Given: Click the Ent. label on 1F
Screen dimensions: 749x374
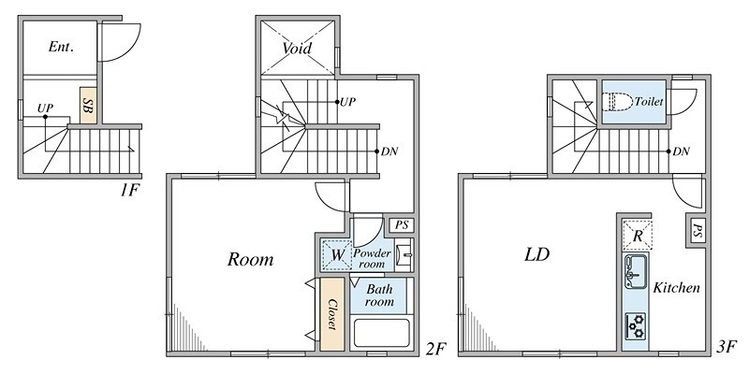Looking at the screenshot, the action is pyautogui.click(x=61, y=47).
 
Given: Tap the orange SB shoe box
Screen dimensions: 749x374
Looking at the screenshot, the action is pyautogui.click(x=88, y=106).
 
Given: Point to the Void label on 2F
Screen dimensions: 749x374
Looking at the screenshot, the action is pyautogui.click(x=297, y=49).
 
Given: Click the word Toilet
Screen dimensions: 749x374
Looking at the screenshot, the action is pyautogui.click(x=649, y=102).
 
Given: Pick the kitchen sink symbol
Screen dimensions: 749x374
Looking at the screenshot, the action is pyautogui.click(x=636, y=271).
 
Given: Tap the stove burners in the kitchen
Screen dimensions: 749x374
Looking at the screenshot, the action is pyautogui.click(x=636, y=325).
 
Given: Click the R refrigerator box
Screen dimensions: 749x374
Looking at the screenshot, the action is pyautogui.click(x=638, y=235).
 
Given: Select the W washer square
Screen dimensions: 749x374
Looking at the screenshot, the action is pyautogui.click(x=336, y=254).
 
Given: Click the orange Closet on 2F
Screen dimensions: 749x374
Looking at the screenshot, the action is pyautogui.click(x=332, y=314).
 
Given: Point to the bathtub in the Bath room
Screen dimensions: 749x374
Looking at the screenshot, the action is pyautogui.click(x=381, y=333).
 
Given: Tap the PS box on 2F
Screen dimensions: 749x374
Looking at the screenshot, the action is pyautogui.click(x=402, y=225).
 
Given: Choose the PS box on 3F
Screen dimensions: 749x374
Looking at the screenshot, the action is pyautogui.click(x=697, y=231).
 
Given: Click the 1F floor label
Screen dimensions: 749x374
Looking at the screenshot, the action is pyautogui.click(x=129, y=191).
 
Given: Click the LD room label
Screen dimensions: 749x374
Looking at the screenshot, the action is pyautogui.click(x=536, y=254).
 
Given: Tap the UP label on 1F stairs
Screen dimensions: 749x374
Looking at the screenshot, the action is pyautogui.click(x=45, y=108).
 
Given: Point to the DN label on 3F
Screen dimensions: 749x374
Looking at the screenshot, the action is pyautogui.click(x=681, y=151).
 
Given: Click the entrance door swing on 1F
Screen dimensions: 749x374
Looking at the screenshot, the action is pyautogui.click(x=119, y=42).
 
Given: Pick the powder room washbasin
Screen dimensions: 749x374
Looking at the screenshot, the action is pyautogui.click(x=406, y=254).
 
